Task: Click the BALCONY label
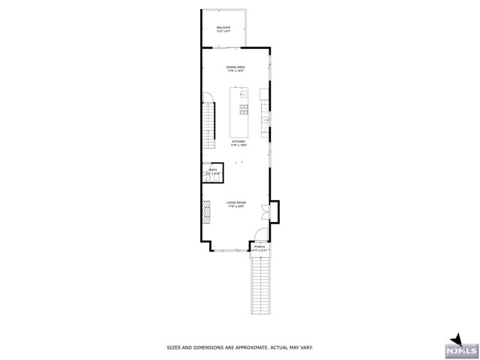coord(223,28)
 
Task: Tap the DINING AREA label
coord(237,67)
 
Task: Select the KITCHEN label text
coord(238,141)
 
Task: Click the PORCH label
coord(259,246)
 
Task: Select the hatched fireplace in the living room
coord(205,211)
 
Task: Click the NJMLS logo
coord(460,347)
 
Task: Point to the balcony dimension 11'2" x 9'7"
coord(223,31)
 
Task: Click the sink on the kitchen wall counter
coord(266,119)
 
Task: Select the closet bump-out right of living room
coord(274,211)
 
